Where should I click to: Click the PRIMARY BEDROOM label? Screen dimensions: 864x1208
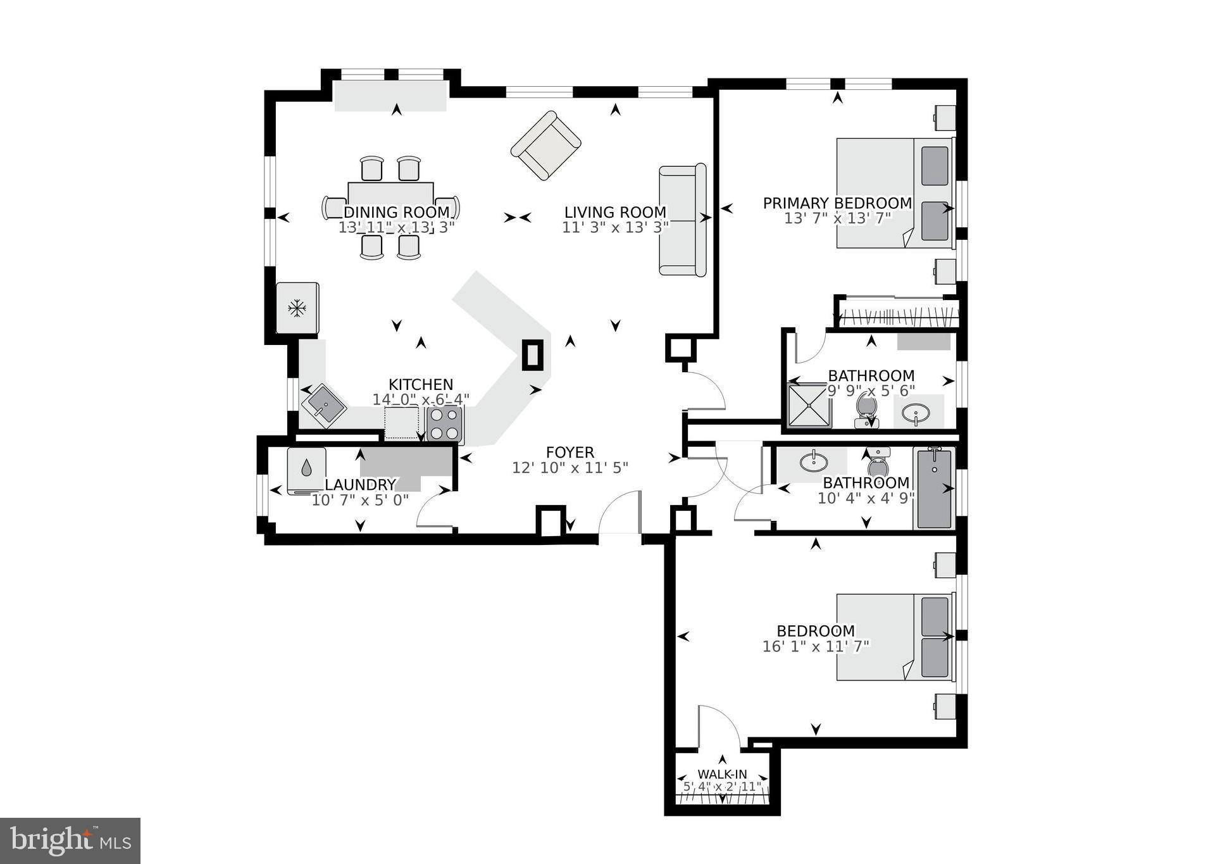837,203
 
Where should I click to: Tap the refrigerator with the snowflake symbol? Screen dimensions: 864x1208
297,308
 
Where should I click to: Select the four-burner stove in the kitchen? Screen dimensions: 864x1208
444,423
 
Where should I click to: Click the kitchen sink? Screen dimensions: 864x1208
323,405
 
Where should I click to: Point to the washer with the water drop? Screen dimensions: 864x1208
306,470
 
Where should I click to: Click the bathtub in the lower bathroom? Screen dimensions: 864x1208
934,488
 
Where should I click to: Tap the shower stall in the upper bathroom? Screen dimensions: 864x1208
808,405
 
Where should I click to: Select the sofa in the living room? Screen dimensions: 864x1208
682,220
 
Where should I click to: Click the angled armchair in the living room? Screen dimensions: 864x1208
545,146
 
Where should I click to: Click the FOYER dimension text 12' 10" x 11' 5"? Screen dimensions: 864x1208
570,468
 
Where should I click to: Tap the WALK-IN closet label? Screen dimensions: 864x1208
722,774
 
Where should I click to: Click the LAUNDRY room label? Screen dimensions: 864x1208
360,485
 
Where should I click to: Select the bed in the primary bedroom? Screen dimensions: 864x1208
894,193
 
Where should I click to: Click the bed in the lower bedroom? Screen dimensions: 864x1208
894,637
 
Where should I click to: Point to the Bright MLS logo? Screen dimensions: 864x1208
70,840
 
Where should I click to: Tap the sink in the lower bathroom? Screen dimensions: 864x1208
812,462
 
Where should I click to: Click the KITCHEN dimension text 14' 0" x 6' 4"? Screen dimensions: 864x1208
421,399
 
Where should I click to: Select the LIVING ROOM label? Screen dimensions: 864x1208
615,213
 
